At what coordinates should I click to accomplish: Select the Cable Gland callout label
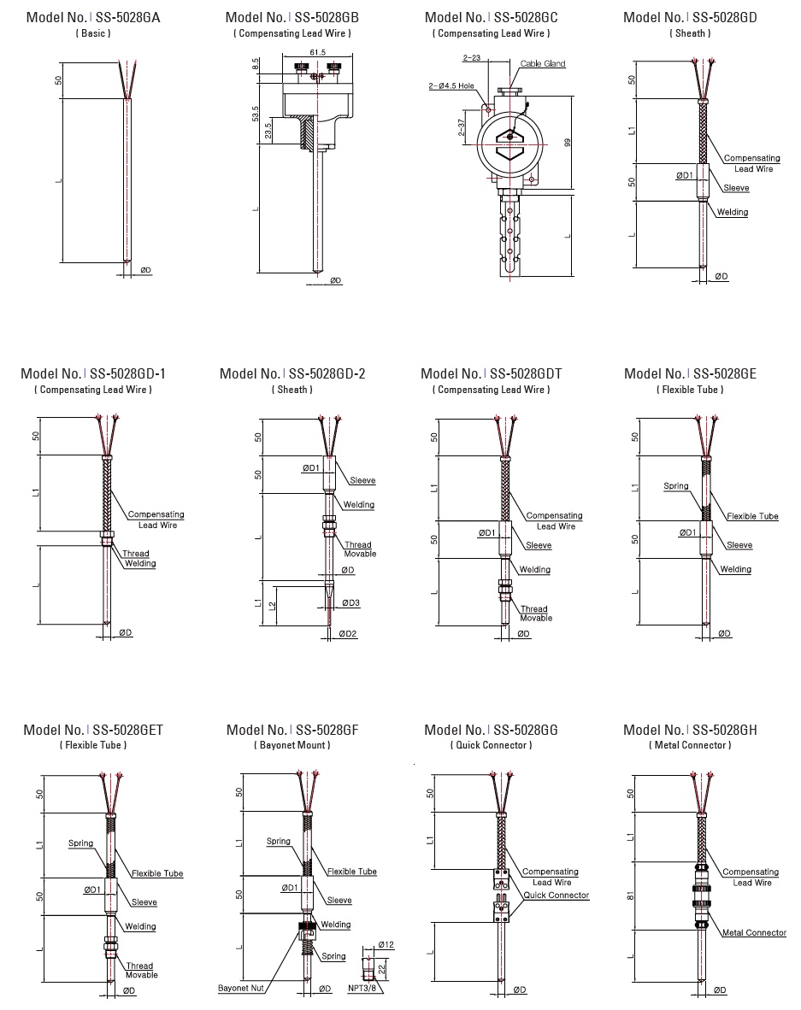pos(542,64)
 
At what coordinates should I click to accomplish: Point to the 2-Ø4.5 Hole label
pos(451,86)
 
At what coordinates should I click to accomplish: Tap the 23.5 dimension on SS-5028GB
pos(269,132)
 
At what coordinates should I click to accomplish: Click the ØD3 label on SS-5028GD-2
pos(350,602)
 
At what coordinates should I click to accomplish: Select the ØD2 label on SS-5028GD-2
pos(347,634)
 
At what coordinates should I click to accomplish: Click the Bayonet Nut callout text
pos(244,988)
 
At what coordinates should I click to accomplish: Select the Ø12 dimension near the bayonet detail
pos(386,944)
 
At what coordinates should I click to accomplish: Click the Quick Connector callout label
pos(557,895)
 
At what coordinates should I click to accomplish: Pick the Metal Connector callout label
pos(753,932)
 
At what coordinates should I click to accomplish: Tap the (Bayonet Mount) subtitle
pos(292,745)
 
